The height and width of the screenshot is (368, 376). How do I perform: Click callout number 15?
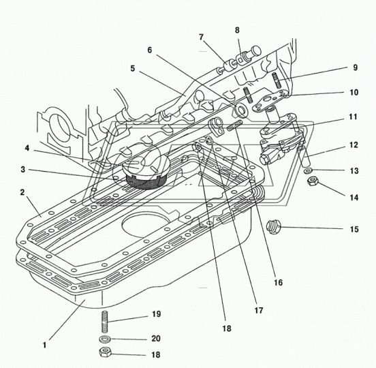click(354, 230)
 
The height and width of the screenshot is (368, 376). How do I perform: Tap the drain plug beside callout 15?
click(273, 226)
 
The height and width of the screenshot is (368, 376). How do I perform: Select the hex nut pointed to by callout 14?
click(313, 181)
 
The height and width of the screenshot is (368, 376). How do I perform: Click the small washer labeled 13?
click(307, 170)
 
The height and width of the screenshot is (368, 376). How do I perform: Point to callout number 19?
click(157, 314)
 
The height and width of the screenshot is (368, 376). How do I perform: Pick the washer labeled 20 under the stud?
click(105, 339)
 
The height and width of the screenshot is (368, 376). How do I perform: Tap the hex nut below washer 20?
click(105, 352)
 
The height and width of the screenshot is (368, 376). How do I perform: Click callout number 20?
click(156, 339)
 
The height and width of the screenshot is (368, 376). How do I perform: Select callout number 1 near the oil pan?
click(44, 346)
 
